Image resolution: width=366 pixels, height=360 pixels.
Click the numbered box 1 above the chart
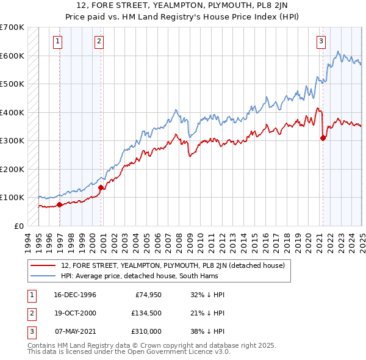[57, 41]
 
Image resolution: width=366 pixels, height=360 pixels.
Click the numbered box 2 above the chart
[98, 41]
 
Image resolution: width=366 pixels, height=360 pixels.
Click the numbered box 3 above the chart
[320, 41]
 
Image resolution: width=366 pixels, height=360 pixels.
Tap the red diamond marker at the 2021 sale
[323, 138]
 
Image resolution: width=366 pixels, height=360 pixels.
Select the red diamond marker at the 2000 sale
[101, 188]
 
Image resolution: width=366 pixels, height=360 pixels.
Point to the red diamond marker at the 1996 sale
[60, 205]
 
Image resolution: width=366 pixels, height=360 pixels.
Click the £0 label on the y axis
[18, 226]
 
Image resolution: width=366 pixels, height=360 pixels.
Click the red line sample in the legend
[43, 265]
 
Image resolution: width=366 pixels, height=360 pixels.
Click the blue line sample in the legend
[43, 276]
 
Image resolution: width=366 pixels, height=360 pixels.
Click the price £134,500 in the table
[147, 314]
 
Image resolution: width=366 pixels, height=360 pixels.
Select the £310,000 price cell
[147, 333]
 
